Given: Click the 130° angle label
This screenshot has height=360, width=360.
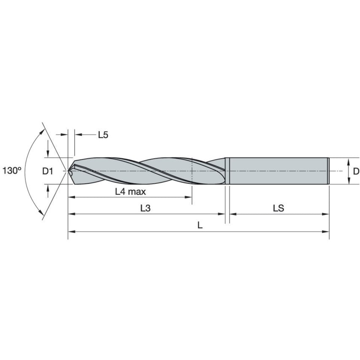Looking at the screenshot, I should pyautogui.click(x=12, y=171).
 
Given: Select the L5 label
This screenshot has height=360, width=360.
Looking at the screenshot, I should pyautogui.click(x=103, y=135).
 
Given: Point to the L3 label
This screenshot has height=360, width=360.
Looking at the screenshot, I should pyautogui.click(x=145, y=208).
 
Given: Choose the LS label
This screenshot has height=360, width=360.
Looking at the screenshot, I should pyautogui.click(x=278, y=208).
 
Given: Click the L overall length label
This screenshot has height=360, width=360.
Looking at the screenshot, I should pyautogui.click(x=200, y=226).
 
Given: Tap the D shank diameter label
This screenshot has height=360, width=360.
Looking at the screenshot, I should pyautogui.click(x=356, y=171).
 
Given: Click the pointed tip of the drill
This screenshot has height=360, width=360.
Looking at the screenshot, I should pyautogui.click(x=69, y=171).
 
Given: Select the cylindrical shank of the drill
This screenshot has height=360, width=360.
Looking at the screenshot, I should pyautogui.click(x=278, y=171).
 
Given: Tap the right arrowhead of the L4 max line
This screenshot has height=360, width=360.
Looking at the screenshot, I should pyautogui.click(x=189, y=197).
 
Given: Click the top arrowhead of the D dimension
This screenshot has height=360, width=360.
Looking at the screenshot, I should pyautogui.click(x=349, y=161).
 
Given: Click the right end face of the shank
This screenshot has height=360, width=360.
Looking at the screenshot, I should pyautogui.click(x=328, y=171).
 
